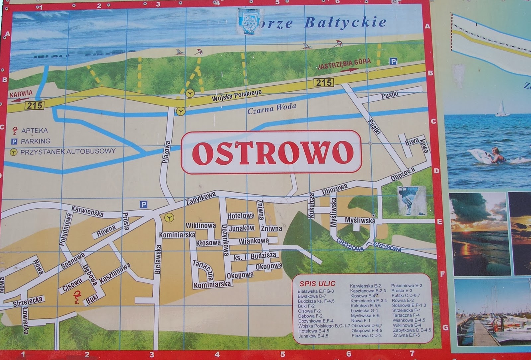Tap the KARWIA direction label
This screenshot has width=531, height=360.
[x=21, y=93]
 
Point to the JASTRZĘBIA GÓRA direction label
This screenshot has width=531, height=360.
[x=344, y=64]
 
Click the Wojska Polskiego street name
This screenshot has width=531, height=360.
[x=237, y=95]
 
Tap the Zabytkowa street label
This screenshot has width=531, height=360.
[x=201, y=198]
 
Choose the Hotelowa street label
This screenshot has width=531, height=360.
[x=241, y=216]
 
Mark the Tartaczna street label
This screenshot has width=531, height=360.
[x=203, y=270]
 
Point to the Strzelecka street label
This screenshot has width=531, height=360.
[x=28, y=302]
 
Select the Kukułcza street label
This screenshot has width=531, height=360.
[x=311, y=206]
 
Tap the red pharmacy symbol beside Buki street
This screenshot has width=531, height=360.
[x=77, y=297]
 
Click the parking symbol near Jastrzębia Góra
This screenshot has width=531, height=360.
[x=393, y=61]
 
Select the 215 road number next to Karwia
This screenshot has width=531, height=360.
[x=35, y=106]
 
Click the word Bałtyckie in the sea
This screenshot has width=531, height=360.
[x=345, y=23]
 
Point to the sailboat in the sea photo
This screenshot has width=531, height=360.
[x=502, y=109]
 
